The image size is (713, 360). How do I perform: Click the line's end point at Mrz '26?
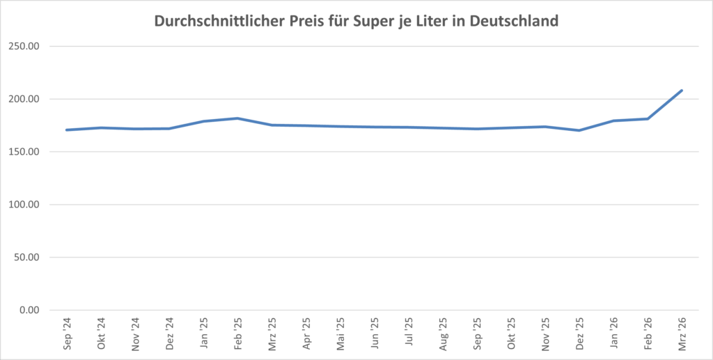point(681,91)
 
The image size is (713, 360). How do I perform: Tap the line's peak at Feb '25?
point(237,118)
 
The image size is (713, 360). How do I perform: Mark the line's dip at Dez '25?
point(579,130)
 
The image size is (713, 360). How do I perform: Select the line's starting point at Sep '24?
point(66,130)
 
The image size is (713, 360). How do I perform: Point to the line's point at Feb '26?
point(647,119)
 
